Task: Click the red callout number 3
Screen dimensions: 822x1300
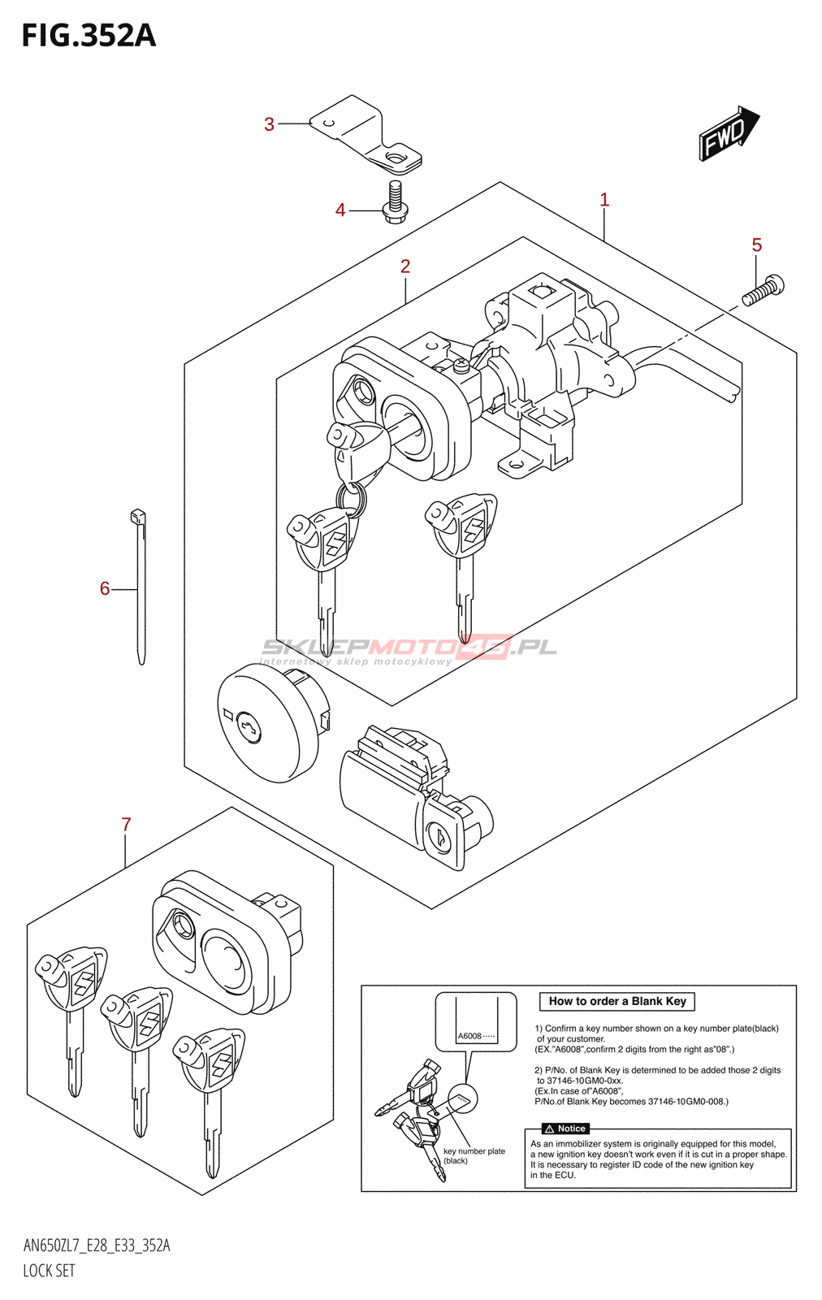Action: pos(269,124)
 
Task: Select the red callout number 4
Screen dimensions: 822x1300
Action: pos(340,210)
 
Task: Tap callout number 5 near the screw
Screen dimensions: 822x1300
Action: pos(756,245)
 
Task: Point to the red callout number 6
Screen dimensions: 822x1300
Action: pos(105,588)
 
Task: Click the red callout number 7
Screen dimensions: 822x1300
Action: pos(127,824)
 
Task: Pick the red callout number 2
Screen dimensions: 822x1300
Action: pos(405,266)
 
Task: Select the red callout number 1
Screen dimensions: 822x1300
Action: pos(604,200)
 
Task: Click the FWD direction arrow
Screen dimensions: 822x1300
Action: pos(729,133)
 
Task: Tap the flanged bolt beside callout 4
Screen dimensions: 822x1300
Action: pos(396,202)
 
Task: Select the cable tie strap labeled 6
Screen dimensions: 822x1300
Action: pos(139,587)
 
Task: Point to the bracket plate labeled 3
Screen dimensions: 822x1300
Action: pos(366,135)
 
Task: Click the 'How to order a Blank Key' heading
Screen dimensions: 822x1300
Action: pos(617,1001)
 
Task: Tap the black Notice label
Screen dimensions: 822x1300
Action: pos(565,1129)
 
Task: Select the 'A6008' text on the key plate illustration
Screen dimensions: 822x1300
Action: pos(469,1036)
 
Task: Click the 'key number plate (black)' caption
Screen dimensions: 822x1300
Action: pos(474,1155)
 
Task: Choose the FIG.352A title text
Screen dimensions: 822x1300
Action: pos(89,36)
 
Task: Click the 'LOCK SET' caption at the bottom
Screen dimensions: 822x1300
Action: pos(50,1271)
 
